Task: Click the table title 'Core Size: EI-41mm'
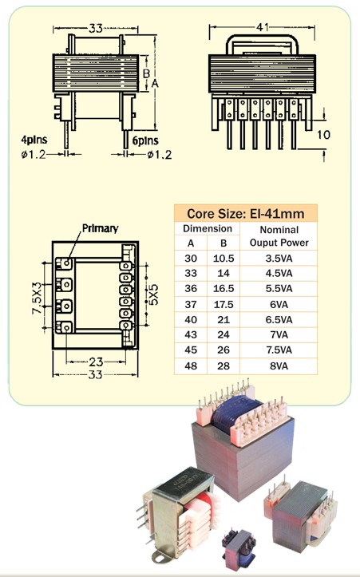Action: coord(246,213)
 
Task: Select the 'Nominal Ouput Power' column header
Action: coord(279,236)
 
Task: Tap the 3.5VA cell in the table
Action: coord(279,259)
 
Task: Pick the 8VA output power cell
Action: coord(279,366)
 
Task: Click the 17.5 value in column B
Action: coord(224,304)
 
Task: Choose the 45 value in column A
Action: coord(191,350)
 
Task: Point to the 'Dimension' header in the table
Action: coord(208,228)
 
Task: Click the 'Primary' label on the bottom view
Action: coord(100,228)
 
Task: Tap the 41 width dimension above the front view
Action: coord(262,27)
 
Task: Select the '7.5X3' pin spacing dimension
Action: coord(38,298)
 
